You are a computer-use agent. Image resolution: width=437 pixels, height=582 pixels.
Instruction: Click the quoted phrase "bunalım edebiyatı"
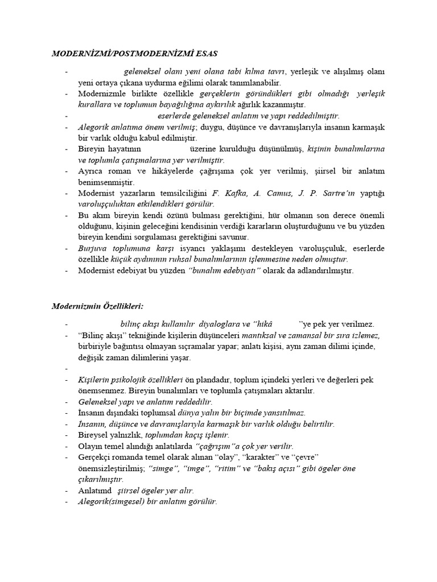point(224,271)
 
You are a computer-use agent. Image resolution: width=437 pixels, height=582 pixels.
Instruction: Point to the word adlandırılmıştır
point(321,271)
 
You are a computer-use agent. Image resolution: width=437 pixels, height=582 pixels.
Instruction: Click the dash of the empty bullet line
point(67,369)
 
